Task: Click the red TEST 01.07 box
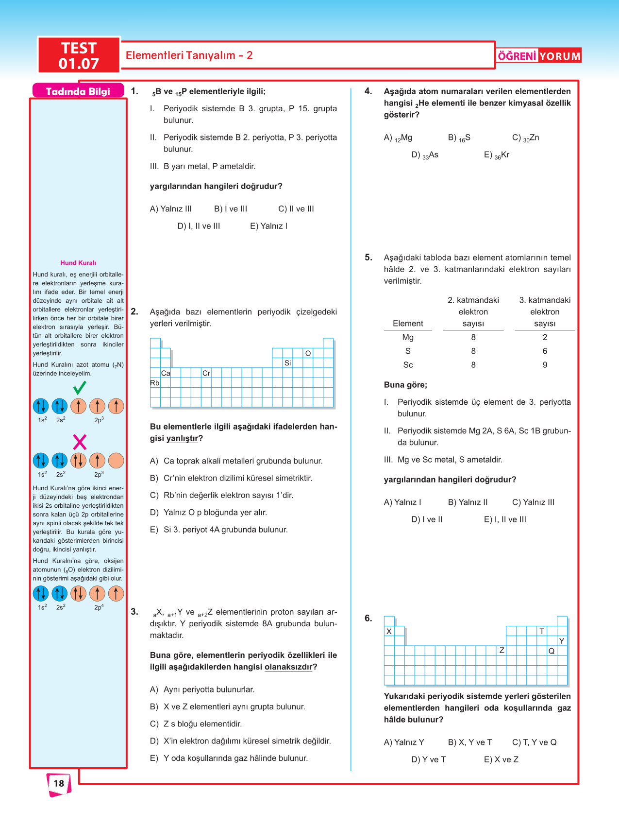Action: click(79, 55)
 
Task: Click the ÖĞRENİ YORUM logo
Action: click(539, 56)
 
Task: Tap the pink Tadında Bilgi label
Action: click(78, 91)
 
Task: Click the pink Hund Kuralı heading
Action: click(78, 263)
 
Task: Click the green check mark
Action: click(80, 388)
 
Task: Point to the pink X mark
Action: click(80, 442)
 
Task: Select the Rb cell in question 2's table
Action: click(155, 383)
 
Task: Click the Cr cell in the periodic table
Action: click(206, 373)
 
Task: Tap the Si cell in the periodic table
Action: click(287, 363)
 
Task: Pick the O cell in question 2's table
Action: click(308, 353)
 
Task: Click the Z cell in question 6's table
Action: click(502, 650)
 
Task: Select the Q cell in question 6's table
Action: click(552, 651)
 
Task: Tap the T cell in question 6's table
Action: click(542, 631)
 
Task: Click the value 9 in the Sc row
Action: click(545, 365)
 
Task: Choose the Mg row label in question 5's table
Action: click(408, 337)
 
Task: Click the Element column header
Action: click(408, 324)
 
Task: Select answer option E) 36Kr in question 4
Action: click(497, 155)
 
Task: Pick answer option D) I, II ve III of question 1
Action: click(199, 226)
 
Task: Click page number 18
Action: click(59, 783)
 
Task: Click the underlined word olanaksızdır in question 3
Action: click(288, 667)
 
